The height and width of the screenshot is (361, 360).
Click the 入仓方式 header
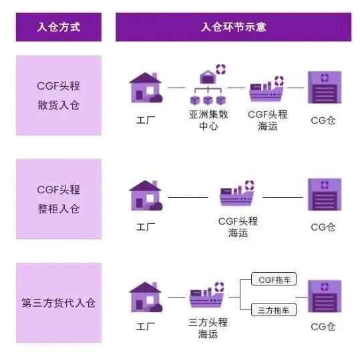(x=59, y=27)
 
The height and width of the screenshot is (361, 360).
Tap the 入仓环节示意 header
(x=234, y=27)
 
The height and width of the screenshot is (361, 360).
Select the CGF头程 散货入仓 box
(x=59, y=96)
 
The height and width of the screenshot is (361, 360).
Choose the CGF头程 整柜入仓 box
(x=59, y=199)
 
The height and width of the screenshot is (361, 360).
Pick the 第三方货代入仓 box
(x=59, y=303)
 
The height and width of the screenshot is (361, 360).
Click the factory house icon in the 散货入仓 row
(x=145, y=88)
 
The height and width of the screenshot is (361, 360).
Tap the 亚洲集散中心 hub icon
(x=208, y=84)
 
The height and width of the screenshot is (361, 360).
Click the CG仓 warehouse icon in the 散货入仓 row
(x=324, y=87)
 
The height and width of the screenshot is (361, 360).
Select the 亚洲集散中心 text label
(x=208, y=120)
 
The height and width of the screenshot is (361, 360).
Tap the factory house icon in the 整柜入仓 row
(x=145, y=195)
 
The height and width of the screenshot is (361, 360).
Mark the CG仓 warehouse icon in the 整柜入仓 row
(x=324, y=195)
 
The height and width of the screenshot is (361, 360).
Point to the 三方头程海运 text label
(x=208, y=328)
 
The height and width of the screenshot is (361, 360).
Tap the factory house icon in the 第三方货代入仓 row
(x=145, y=297)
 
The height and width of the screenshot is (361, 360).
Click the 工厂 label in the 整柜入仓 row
(x=145, y=227)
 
